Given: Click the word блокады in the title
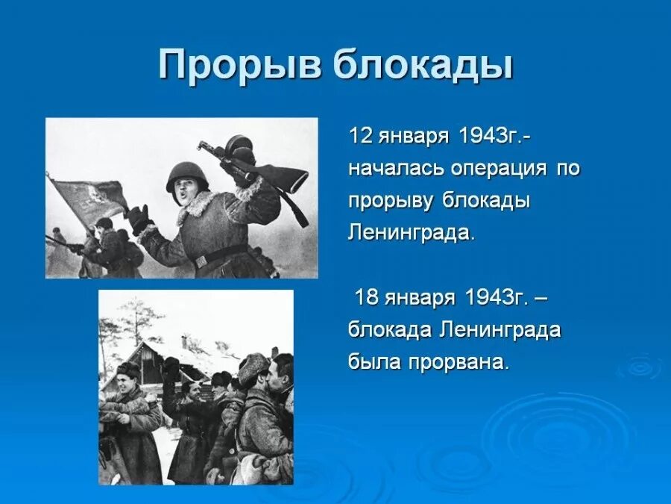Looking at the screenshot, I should click(423, 66).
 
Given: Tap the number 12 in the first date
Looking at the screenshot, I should click(359, 137).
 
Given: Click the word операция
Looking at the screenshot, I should click(499, 169).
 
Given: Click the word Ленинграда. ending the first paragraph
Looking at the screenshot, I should click(411, 232).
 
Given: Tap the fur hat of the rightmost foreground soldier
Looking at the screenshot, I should click(253, 365).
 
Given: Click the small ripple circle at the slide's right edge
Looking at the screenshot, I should click(641, 367).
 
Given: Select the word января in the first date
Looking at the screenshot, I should click(412, 137).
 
